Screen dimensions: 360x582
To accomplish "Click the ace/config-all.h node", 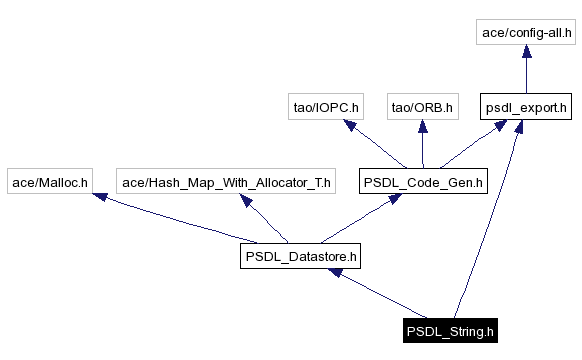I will (527, 33).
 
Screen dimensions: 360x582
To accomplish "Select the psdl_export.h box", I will (526, 106).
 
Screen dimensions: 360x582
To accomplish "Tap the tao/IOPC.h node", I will (323, 106).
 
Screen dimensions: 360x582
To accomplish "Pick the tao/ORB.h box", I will (422, 106).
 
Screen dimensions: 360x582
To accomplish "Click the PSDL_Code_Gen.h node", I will (423, 182).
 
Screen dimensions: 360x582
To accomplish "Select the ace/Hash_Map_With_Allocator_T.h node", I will (226, 182).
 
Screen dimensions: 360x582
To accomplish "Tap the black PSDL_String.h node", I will (449, 331).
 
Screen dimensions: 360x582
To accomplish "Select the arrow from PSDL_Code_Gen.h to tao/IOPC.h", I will (372, 144).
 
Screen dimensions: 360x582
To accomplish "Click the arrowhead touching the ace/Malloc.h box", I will (99, 198).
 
